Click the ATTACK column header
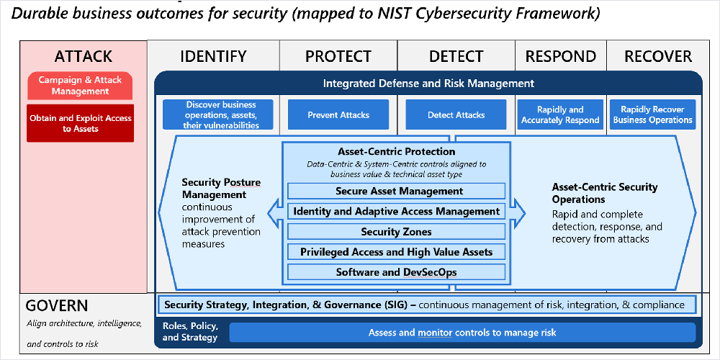click(83, 56)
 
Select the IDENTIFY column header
click(213, 56)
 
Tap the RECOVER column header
click(658, 56)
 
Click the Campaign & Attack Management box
click(80, 86)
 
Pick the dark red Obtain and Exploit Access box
click(81, 123)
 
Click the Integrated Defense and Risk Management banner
click(428, 84)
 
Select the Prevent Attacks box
click(338, 114)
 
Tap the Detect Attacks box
click(456, 114)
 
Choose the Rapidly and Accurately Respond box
click(560, 114)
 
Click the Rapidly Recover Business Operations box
click(652, 114)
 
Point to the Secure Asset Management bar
click(396, 191)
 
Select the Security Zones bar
click(396, 231)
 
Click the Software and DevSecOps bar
click(396, 272)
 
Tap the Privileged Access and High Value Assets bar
click(396, 251)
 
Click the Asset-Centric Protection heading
click(397, 151)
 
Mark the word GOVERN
click(57, 306)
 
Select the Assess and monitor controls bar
click(462, 333)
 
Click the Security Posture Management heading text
click(221, 188)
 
